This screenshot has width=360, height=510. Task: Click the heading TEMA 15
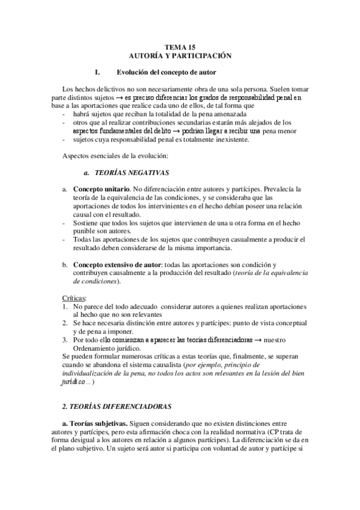pyautogui.click(x=180, y=46)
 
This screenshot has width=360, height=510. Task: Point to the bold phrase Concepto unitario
pyautogui.click(x=100, y=189)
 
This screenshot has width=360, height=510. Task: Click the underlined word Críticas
pyautogui.click(x=75, y=298)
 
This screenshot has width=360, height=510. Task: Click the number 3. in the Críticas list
pyautogui.click(x=66, y=340)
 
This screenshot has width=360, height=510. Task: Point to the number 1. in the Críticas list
pyautogui.click(x=66, y=306)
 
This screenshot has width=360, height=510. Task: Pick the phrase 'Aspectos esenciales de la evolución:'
pyautogui.click(x=108, y=156)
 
